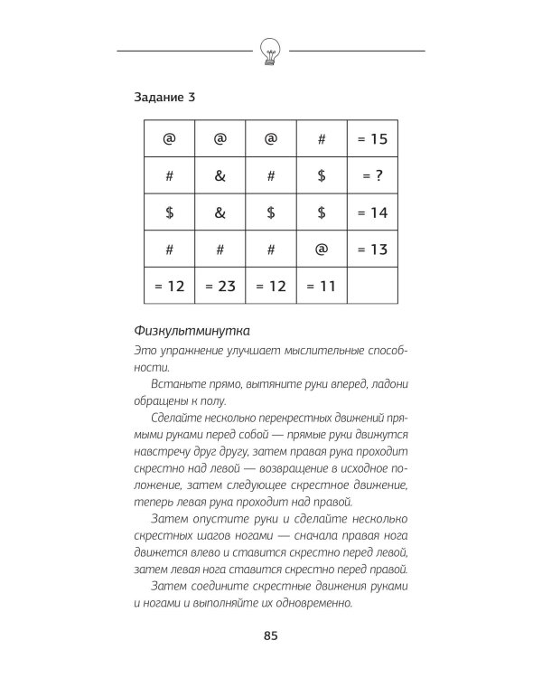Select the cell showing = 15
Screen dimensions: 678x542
pyautogui.click(x=372, y=139)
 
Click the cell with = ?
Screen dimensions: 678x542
pyautogui.click(x=372, y=176)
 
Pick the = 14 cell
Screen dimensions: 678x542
pyautogui.click(x=372, y=213)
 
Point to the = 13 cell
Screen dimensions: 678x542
pyautogui.click(x=372, y=250)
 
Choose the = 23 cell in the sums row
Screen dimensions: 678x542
pyautogui.click(x=220, y=287)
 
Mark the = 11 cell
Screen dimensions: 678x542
pyautogui.click(x=321, y=287)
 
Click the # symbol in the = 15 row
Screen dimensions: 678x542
pyautogui.click(x=321, y=139)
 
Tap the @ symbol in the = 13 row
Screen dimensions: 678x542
pyautogui.click(x=321, y=250)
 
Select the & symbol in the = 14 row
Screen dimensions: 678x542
pyautogui.click(x=220, y=213)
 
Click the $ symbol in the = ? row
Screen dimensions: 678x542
pyautogui.click(x=321, y=176)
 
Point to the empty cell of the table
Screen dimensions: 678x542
pyautogui.click(x=372, y=287)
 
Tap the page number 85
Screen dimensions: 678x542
pyautogui.click(x=270, y=636)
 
